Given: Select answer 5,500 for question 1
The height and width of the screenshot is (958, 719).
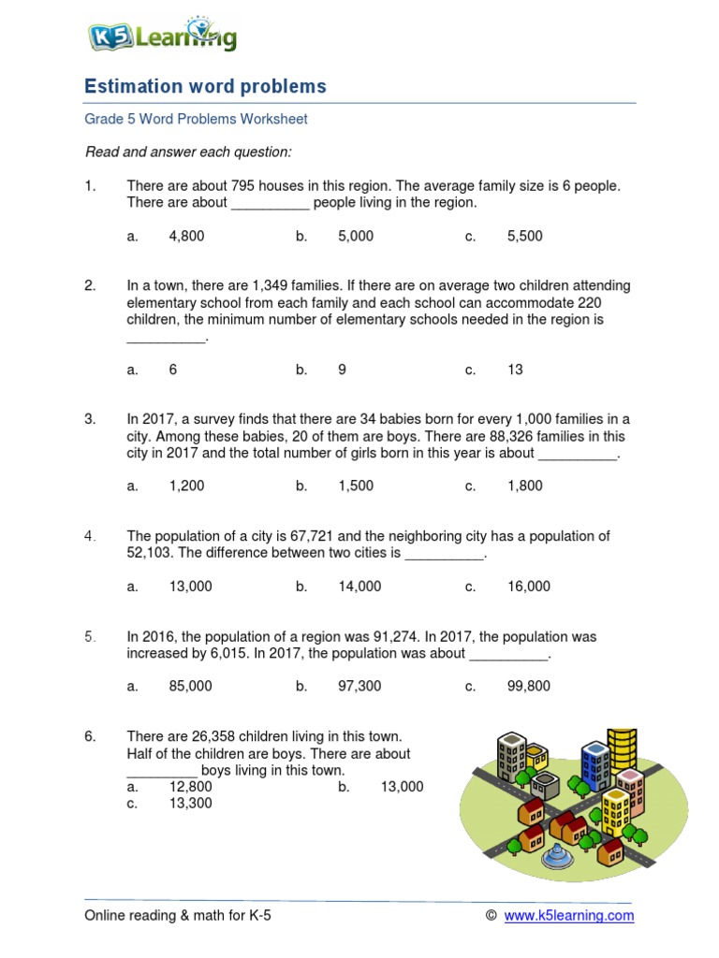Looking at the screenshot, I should point(524,237).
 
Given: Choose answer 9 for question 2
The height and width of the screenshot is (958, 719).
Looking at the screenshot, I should point(342,370).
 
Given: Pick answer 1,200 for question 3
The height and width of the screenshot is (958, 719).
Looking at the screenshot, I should point(186,486).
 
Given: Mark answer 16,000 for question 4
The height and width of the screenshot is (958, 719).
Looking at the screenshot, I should point(529,587).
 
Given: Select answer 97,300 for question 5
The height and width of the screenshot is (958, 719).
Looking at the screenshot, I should point(359,686).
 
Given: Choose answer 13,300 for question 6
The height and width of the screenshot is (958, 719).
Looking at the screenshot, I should point(190,803).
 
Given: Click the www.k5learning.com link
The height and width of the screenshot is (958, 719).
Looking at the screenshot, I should point(568,916).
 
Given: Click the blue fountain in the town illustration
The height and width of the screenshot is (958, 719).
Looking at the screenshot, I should point(558,854).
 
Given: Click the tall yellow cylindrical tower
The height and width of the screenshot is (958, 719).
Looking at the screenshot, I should point(622,749).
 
